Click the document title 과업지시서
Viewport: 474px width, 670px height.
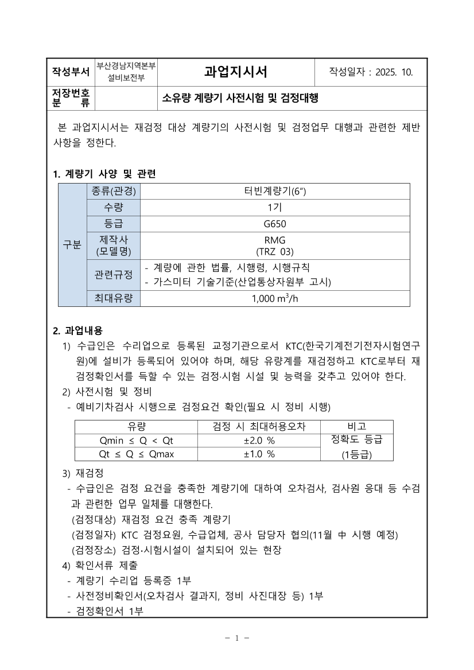coord(236,72)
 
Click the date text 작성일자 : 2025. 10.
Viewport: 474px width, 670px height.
coord(371,72)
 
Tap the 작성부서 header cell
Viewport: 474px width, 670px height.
coord(71,72)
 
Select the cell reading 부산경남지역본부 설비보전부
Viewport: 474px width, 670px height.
coord(126,72)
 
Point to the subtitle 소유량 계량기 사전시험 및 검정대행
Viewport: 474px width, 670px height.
coord(240,98)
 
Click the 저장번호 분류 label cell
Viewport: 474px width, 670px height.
coord(71,98)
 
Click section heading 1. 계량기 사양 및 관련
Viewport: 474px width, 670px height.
coord(104,174)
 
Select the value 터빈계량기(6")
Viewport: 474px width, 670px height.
coord(275,192)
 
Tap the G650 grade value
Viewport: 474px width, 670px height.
coord(275,224)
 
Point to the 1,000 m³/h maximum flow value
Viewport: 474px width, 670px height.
coord(275,298)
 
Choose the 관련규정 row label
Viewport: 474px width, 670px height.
coord(113,275)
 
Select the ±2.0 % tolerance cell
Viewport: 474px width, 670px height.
coord(259,441)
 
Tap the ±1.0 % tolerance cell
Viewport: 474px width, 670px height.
coord(259,454)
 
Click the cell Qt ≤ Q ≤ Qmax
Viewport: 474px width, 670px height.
coord(137,454)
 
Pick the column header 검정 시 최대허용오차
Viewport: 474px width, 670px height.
coord(259,427)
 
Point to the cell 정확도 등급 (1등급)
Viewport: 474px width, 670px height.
coord(357,447)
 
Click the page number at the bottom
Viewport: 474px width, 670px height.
coord(236,638)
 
